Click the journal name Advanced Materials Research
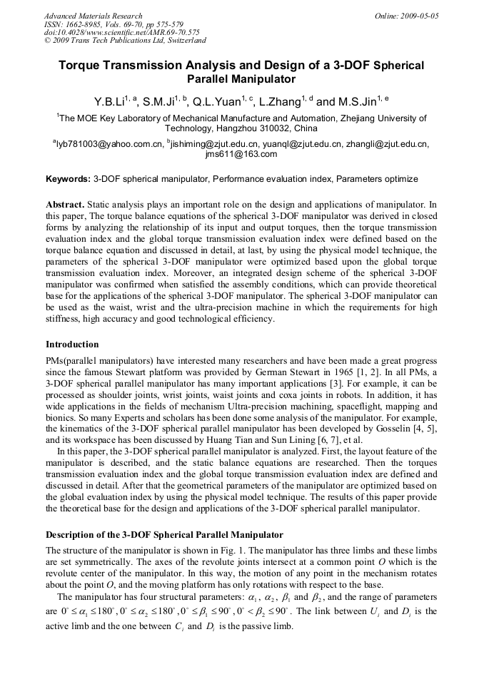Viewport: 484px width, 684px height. tap(93, 16)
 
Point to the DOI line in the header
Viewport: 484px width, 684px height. tap(121, 32)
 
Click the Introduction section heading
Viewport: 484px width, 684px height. tap(72, 344)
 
